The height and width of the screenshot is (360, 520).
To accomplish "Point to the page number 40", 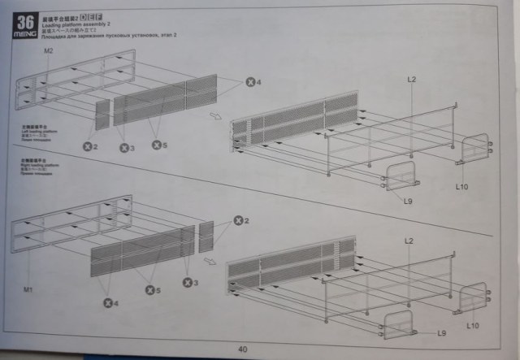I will click(x=242, y=349).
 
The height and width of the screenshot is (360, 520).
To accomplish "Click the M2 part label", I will click(x=49, y=51).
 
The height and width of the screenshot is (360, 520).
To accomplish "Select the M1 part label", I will click(x=28, y=288).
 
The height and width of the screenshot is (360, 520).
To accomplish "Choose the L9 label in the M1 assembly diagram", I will click(x=442, y=333).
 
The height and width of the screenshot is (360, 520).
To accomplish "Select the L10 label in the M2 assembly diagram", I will click(x=461, y=187).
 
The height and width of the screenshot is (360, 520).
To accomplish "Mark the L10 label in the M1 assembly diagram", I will click(x=474, y=323).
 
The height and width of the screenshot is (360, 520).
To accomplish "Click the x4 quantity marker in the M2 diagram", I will click(x=253, y=82).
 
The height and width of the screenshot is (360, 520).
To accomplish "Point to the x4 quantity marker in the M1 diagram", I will click(x=108, y=303).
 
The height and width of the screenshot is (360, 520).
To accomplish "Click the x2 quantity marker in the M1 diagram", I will click(x=240, y=221).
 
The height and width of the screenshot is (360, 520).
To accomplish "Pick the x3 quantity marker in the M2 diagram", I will click(x=125, y=147).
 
